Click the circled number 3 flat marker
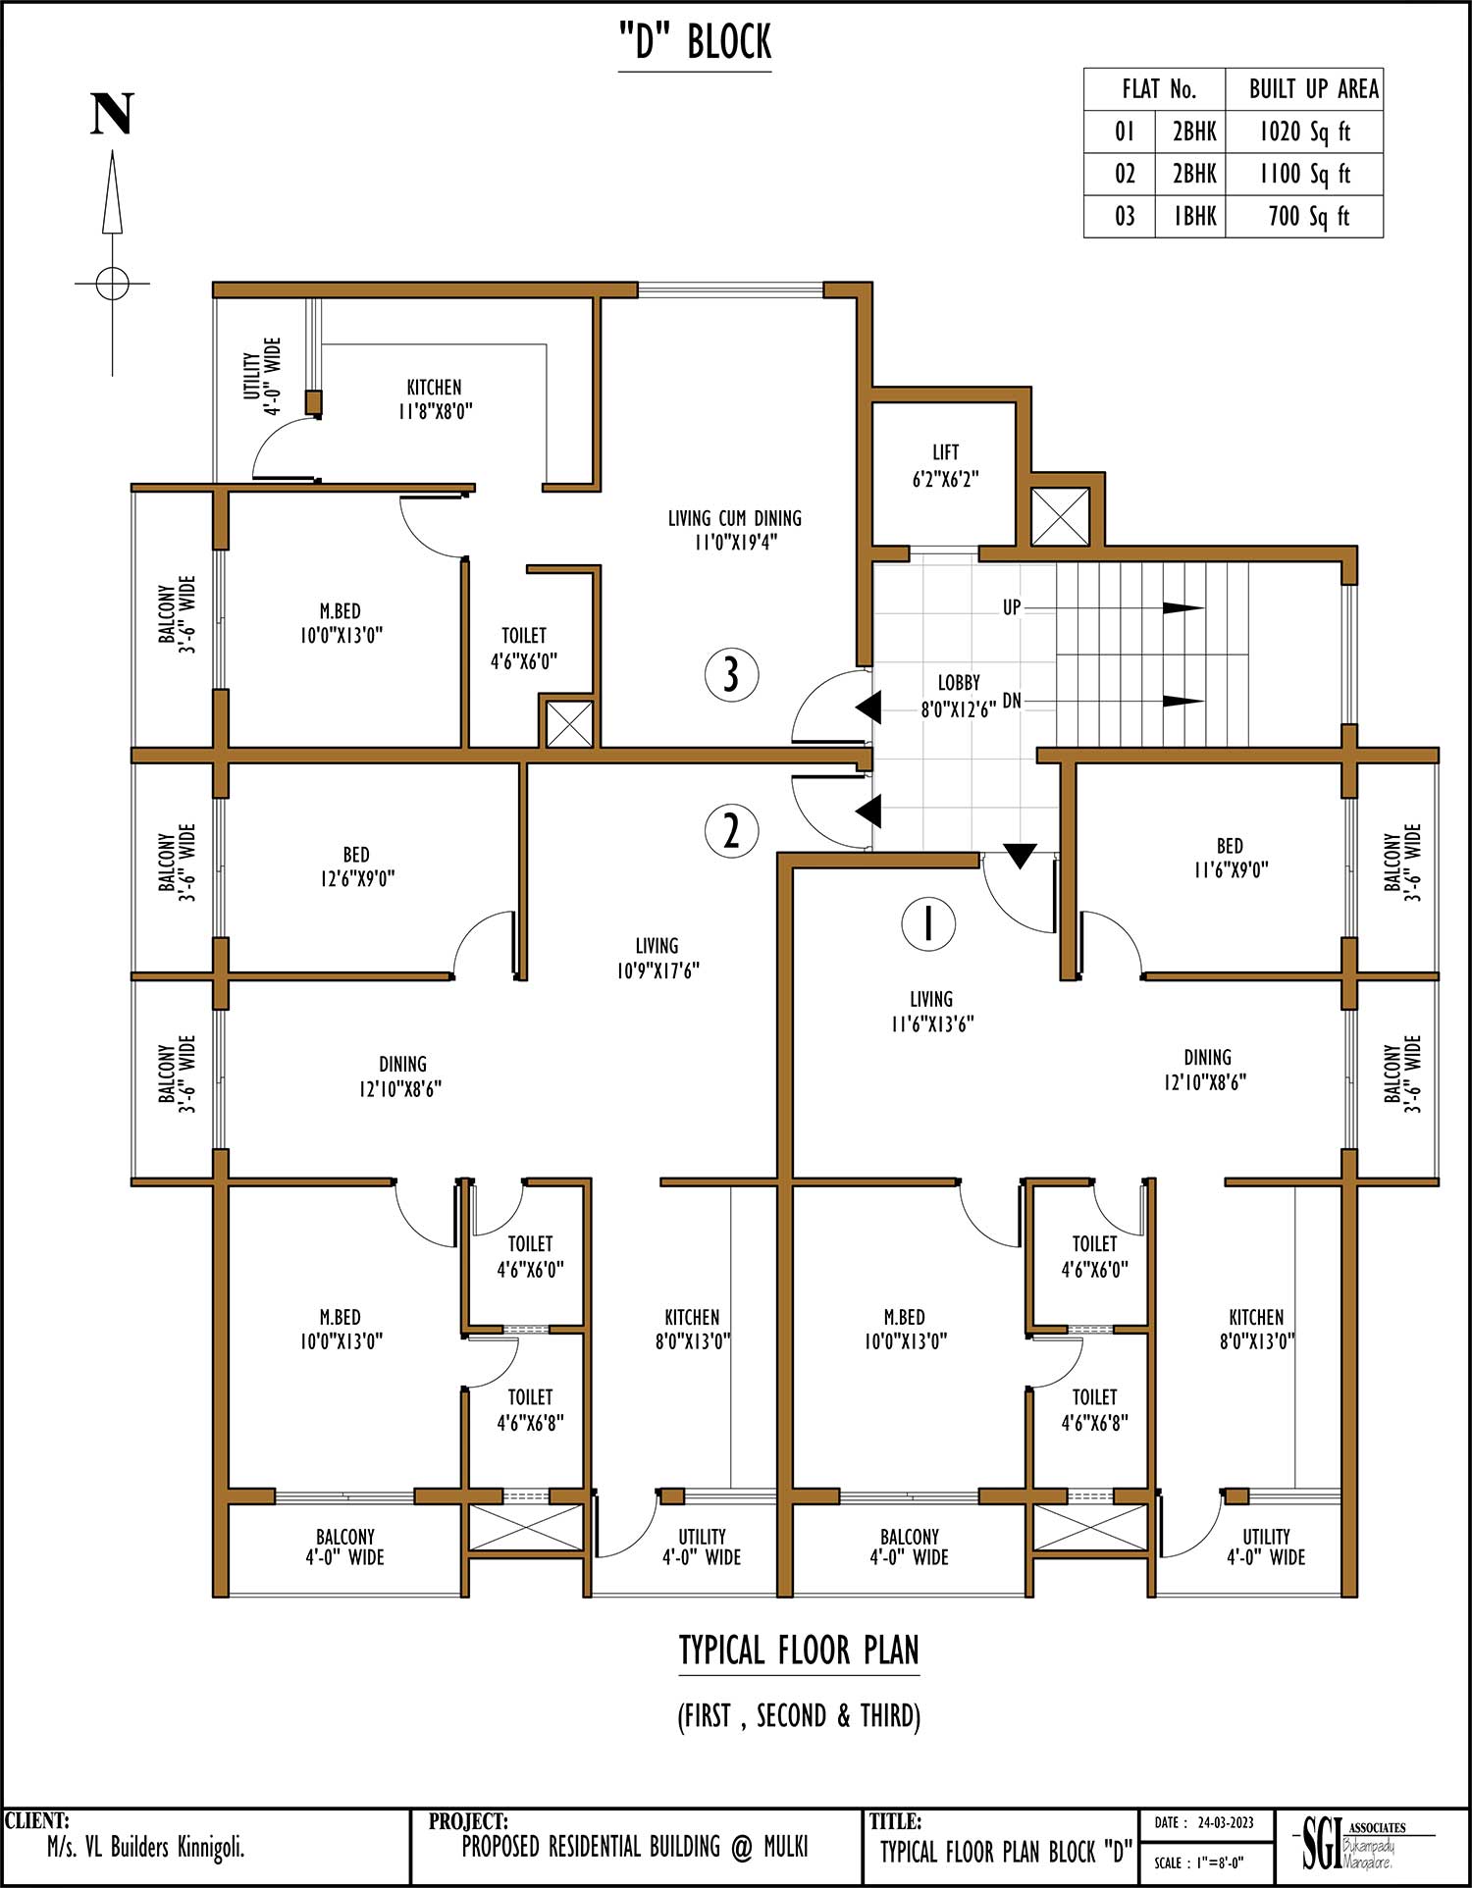point(731,675)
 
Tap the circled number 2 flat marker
point(731,830)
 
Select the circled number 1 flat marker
point(928,923)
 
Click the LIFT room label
point(946,465)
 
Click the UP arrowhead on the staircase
point(1183,608)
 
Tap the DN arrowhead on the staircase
point(1183,701)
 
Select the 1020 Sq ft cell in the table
point(1304,131)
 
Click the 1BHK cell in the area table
point(1194,216)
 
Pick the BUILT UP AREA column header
point(1314,89)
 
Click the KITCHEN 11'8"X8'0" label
point(435,399)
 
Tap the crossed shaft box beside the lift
point(1060,516)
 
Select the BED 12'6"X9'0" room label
point(356,866)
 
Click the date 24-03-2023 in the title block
point(1226,1823)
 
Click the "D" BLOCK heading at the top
point(695,42)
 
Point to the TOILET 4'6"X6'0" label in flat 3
point(524,649)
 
